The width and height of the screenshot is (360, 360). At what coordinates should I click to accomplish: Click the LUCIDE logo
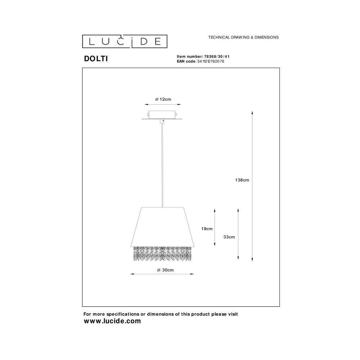[125, 41]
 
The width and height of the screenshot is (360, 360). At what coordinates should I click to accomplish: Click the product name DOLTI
[96, 59]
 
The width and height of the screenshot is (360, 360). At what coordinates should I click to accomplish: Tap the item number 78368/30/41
[217, 57]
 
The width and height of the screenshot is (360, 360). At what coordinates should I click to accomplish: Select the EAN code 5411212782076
[211, 61]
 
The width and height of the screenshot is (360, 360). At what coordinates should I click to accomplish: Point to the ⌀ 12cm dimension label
[163, 99]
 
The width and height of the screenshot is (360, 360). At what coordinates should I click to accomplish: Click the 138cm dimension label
[242, 180]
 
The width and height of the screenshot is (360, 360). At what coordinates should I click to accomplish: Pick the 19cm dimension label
[207, 229]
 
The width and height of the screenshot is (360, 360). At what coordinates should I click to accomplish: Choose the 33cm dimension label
[229, 237]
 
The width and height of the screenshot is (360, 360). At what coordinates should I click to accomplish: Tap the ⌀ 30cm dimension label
[165, 270]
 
